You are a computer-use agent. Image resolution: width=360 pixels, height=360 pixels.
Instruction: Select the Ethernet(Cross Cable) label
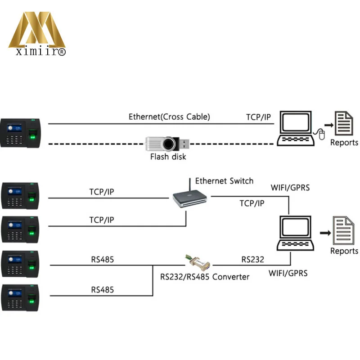[x=169, y=117]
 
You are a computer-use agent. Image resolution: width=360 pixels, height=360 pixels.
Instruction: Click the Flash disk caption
[x=168, y=157]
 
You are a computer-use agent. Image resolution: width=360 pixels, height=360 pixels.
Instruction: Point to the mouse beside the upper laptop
[x=321, y=134]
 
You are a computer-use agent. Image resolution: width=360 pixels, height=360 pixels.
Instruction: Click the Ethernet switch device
[x=189, y=198]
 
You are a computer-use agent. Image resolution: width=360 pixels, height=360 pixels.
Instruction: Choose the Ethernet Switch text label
[x=224, y=181]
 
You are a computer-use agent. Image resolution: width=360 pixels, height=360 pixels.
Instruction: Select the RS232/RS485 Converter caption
[x=205, y=277]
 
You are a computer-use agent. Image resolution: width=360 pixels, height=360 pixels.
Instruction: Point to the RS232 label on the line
[x=252, y=259]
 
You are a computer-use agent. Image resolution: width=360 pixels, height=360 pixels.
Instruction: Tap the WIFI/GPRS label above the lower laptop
[x=290, y=187]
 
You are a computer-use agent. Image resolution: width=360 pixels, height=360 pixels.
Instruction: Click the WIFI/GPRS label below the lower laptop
[x=288, y=273]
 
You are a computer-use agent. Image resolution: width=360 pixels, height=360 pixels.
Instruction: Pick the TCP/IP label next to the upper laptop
[x=258, y=117]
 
